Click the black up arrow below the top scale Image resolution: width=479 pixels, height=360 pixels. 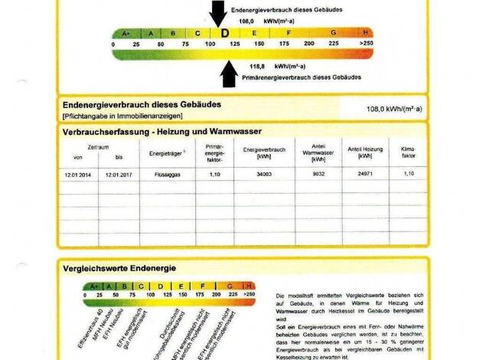coord(226,73)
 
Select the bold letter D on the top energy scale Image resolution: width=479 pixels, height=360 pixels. coord(224,34)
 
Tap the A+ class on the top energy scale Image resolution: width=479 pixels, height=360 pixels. coord(125,33)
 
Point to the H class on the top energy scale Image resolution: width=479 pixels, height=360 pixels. coord(366,33)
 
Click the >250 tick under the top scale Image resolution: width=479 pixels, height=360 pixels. coord(366,44)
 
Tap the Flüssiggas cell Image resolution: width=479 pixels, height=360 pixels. coord(166,174)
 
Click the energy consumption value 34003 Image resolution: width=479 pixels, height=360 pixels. coord(264,174)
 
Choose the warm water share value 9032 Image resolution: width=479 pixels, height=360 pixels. coord(320,174)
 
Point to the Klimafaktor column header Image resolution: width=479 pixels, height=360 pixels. coord(408,150)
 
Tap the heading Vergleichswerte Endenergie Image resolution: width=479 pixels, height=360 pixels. coord(120,268)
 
